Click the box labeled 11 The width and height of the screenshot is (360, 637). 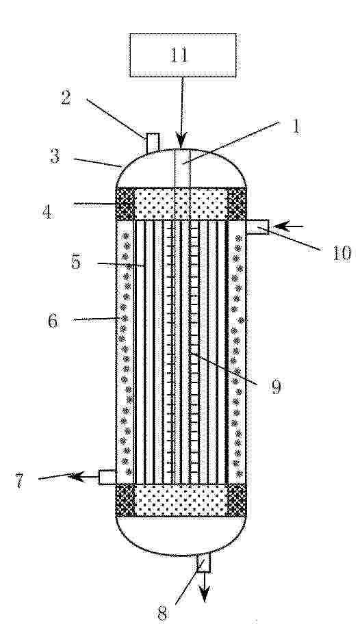(x=183, y=55)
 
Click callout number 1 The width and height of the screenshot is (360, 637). (x=296, y=127)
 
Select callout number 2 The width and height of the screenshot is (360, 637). (x=66, y=98)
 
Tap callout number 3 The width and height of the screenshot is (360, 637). (x=55, y=156)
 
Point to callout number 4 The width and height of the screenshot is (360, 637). (x=48, y=211)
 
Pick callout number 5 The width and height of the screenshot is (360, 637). (x=76, y=263)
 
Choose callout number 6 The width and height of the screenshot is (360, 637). (x=53, y=322)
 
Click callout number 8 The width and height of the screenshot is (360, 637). (x=162, y=614)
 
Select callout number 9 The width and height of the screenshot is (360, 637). (x=277, y=387)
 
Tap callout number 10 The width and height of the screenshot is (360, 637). (x=342, y=254)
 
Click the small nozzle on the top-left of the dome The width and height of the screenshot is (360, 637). (x=153, y=143)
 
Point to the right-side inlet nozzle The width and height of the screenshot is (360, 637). (x=257, y=227)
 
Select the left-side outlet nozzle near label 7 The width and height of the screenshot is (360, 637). (x=107, y=476)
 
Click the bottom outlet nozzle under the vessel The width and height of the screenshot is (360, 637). (x=203, y=563)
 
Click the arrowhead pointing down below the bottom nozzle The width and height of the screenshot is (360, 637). (x=205, y=595)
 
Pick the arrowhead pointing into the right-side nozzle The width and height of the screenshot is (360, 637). (x=280, y=226)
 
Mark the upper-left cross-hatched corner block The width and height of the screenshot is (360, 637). (x=125, y=204)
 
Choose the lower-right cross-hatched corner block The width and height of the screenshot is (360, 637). (x=237, y=500)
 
